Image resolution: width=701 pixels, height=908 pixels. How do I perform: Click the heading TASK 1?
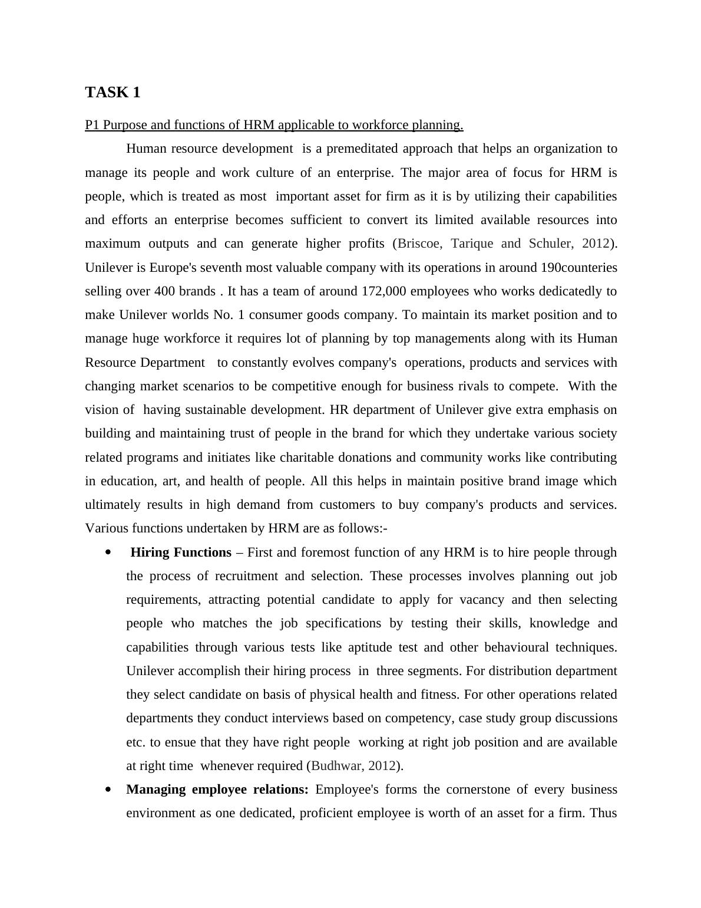pos(113,93)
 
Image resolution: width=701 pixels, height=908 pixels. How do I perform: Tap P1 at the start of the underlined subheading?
pos(92,125)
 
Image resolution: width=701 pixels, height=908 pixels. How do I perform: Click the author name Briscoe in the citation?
pos(418,244)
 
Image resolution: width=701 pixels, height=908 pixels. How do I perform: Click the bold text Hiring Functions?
pos(181,552)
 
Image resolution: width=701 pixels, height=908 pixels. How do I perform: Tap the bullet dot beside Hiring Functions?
pos(108,552)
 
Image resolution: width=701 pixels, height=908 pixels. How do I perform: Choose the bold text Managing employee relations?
pos(217,789)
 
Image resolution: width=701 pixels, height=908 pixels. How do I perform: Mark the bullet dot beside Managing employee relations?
pos(108,789)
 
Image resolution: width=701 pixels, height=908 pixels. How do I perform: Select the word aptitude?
pos(371,647)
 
